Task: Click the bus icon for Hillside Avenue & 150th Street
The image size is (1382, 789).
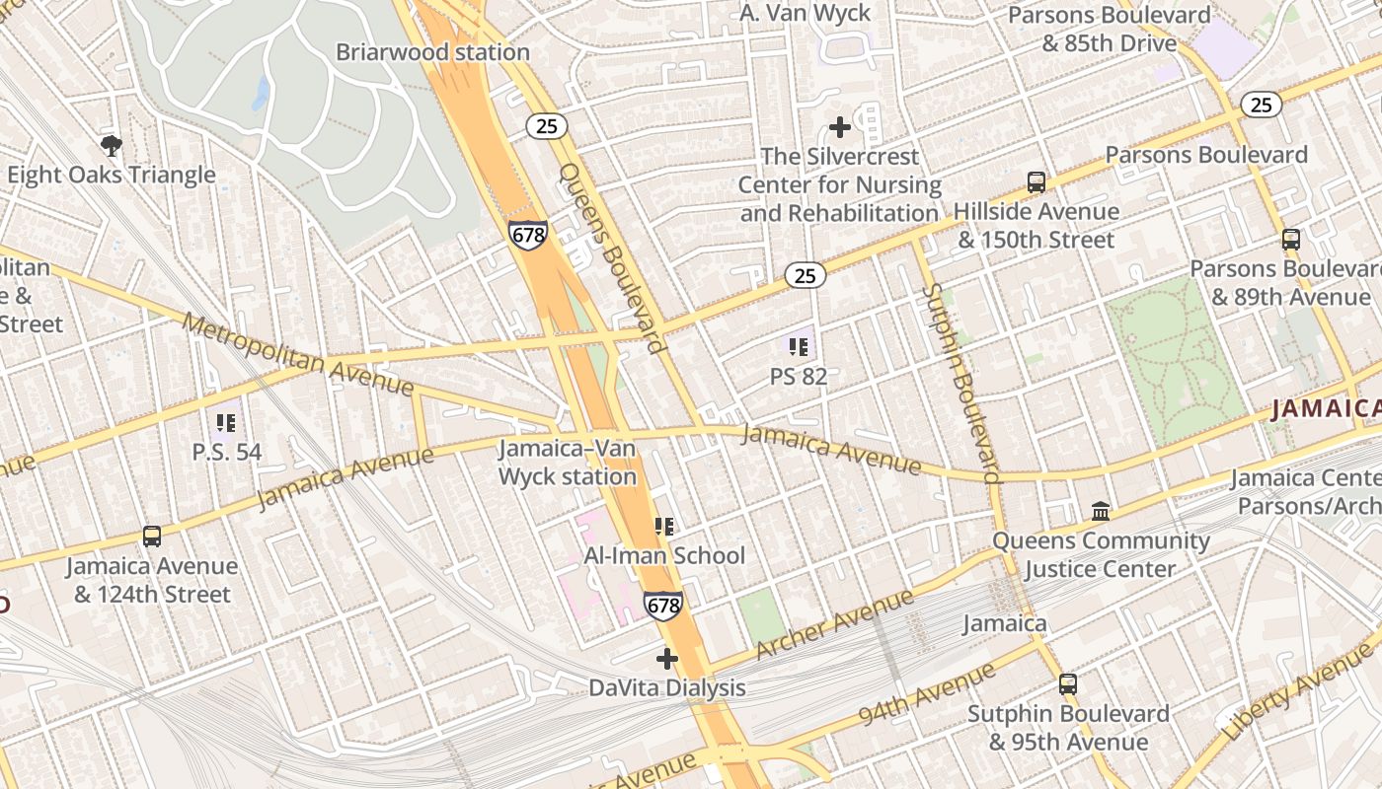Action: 1036,182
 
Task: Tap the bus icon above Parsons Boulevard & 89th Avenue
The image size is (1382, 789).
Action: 1290,240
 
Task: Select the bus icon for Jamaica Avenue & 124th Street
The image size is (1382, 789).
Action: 152,537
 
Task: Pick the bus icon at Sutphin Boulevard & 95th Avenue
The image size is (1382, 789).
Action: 1067,684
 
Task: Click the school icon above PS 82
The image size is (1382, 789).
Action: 799,346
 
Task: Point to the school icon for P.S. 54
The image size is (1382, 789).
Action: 226,423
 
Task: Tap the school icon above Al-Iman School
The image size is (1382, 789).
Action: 663,527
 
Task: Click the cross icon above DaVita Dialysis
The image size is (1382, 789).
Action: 667,658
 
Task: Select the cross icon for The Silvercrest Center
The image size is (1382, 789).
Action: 839,127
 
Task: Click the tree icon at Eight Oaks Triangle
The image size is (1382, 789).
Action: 112,146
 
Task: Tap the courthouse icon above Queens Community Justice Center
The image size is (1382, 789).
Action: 1101,511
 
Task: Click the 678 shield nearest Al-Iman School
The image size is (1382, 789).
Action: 662,605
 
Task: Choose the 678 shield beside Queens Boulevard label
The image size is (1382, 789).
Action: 527,235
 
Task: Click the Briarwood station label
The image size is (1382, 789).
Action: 432,52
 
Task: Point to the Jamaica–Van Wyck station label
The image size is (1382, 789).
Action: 568,463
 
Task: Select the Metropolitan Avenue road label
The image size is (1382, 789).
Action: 298,354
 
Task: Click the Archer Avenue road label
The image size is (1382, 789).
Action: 835,625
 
